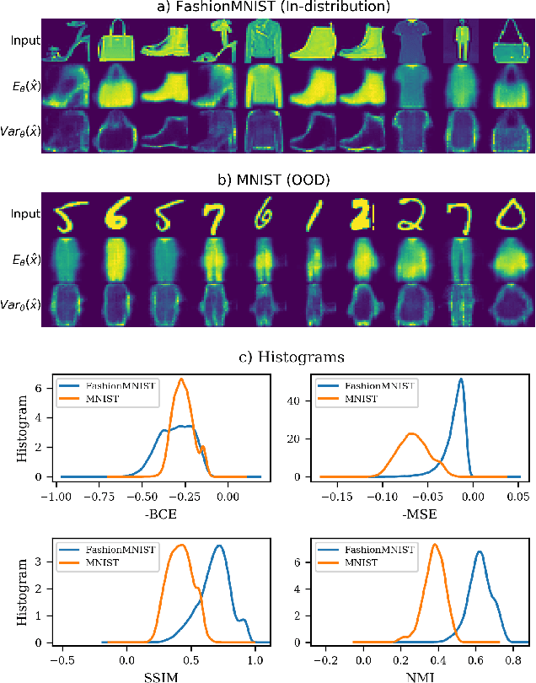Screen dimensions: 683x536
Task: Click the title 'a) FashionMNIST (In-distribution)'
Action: click(284, 8)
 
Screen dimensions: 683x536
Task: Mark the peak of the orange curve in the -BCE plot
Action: click(180, 379)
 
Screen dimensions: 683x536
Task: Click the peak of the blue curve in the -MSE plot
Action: click(460, 379)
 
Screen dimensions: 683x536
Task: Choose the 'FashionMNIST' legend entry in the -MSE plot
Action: click(390, 384)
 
